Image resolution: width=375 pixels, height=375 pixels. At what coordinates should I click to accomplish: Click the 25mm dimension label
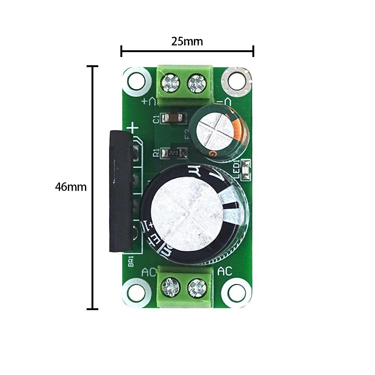click(x=187, y=41)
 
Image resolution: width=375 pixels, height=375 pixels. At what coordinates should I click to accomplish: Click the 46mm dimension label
click(x=70, y=187)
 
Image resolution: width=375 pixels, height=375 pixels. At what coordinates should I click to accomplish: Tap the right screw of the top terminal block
click(x=197, y=83)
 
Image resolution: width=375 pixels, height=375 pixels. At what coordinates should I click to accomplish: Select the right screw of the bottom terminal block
click(x=196, y=288)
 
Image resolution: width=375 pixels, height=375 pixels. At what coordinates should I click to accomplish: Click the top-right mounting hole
click(x=236, y=80)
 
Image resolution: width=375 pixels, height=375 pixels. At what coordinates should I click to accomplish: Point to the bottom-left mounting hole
click(x=136, y=292)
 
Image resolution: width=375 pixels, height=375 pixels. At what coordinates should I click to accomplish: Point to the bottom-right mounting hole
click(x=236, y=292)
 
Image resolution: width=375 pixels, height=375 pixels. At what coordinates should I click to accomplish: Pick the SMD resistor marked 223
click(x=173, y=153)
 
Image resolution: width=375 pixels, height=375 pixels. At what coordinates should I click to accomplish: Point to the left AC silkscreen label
click(x=149, y=272)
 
